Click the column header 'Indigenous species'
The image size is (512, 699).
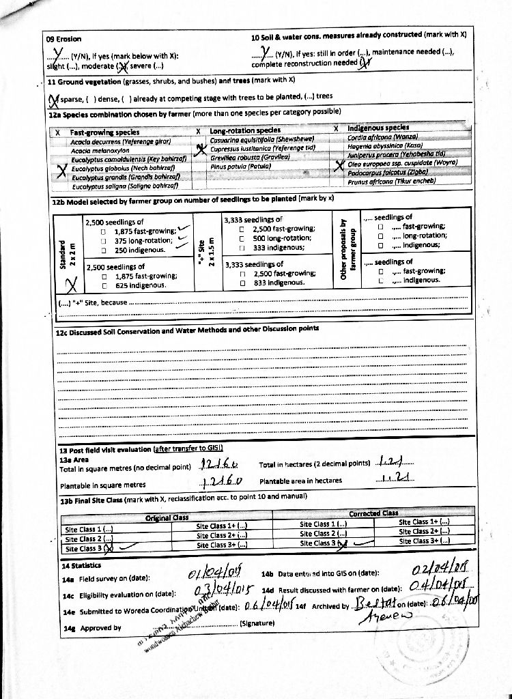point(378,128)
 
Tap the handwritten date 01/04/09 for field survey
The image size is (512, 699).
point(209,571)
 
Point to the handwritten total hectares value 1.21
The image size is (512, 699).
point(395,462)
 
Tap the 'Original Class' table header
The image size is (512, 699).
point(167,517)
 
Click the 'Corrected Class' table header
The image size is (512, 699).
point(373,513)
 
